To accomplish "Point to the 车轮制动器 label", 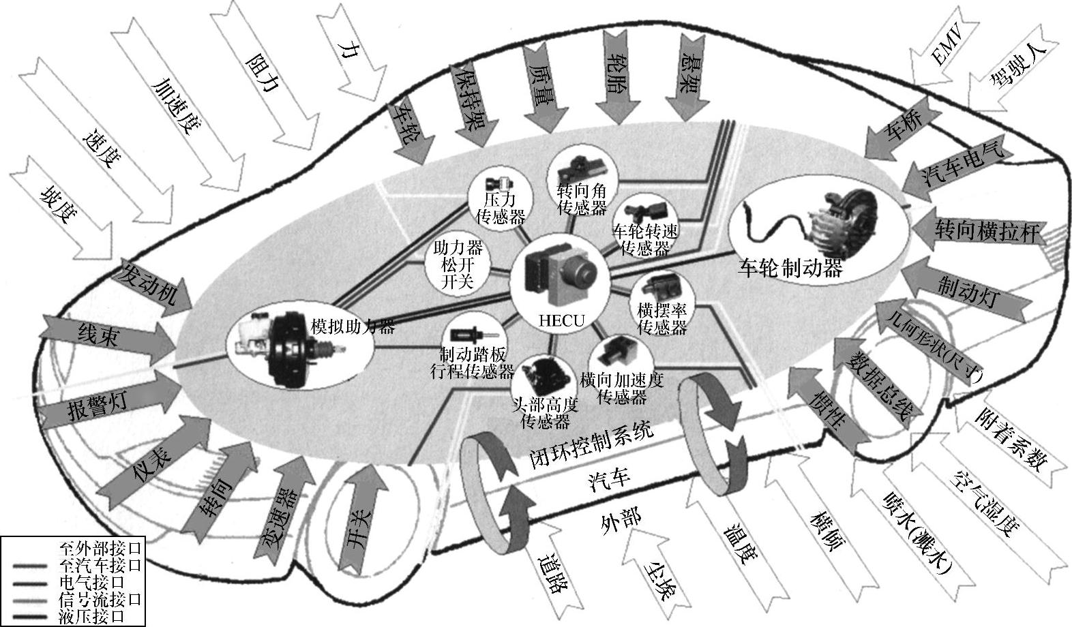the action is [x=790, y=268].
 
